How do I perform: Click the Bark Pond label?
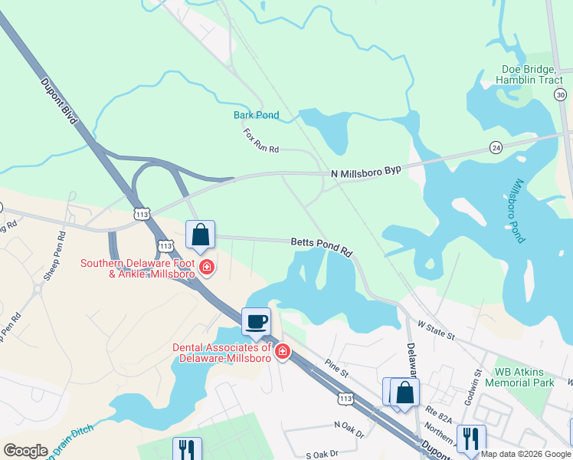(256, 116)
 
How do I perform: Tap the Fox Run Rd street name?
(261, 140)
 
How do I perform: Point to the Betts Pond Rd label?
(321, 246)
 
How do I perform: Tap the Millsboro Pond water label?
(518, 210)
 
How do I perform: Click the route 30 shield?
(561, 94)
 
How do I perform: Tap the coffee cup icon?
(256, 321)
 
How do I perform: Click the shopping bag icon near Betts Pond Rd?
(200, 235)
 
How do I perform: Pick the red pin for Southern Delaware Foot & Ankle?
(206, 268)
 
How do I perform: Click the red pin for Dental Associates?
(282, 351)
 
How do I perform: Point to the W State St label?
(436, 331)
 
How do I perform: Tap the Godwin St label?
(476, 382)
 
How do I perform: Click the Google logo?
(25, 451)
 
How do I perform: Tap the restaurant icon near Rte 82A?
(470, 438)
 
